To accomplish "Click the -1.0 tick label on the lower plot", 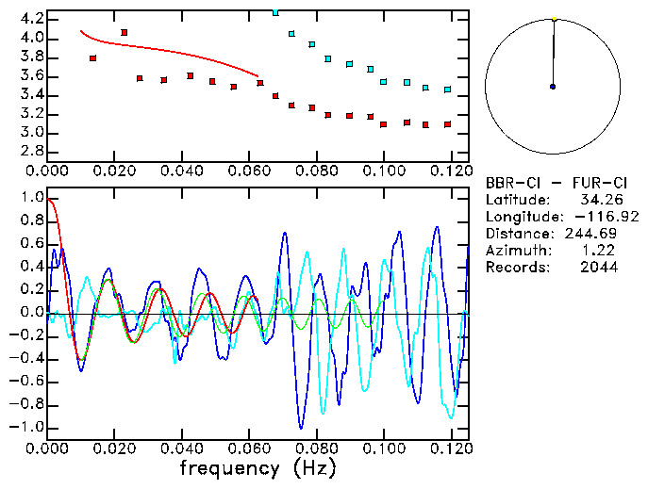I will pos(27,427).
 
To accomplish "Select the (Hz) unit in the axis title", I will pos(310,467).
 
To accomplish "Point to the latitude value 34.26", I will pos(598,200).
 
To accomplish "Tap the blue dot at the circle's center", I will pos(553,87).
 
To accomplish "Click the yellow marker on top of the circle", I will pos(555,19).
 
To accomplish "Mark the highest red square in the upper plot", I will pos(124,32).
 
